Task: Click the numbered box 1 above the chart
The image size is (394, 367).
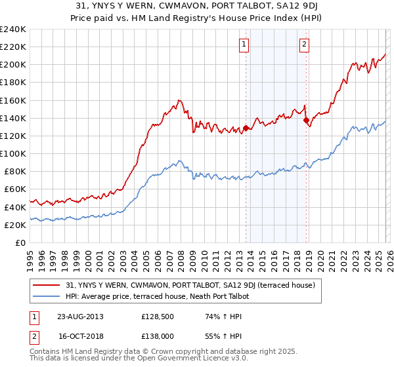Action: [244, 45]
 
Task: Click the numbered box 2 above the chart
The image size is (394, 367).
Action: [305, 45]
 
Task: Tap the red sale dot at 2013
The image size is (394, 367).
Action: [246, 128]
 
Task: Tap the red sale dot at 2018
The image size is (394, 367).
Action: [306, 120]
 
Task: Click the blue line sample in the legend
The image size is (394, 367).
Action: [47, 296]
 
